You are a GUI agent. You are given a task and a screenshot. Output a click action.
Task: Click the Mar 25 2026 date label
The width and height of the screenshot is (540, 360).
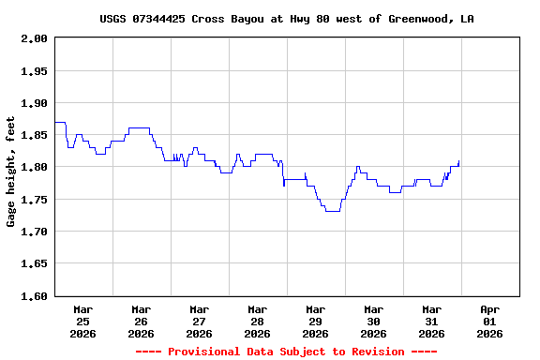[x=82, y=321]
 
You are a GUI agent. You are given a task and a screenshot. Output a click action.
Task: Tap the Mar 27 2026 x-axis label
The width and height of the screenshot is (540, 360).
[x=199, y=321]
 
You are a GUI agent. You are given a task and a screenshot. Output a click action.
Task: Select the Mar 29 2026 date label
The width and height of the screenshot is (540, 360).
[x=315, y=321]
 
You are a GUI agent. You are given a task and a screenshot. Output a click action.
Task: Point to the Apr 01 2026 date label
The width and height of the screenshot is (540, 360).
[x=489, y=321]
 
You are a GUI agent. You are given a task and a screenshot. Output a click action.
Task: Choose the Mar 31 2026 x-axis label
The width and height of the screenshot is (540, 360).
[x=431, y=321]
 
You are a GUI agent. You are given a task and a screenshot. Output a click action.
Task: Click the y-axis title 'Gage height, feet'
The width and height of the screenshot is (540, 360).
[x=12, y=172]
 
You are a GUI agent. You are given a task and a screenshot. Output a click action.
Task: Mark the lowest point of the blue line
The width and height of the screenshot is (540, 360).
[x=332, y=212]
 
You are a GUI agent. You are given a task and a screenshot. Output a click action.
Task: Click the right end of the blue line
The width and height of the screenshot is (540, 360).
[x=458, y=161]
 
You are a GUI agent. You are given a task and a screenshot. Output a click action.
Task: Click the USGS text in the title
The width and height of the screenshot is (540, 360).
[x=112, y=19]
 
